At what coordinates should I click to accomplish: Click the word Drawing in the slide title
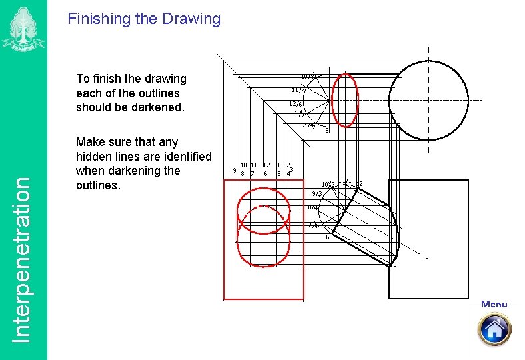tap(192, 19)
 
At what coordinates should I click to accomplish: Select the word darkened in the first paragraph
tap(151, 107)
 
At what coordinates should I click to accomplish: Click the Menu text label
tap(494, 304)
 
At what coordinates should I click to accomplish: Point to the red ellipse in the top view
tap(345, 100)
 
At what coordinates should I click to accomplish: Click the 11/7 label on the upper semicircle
tap(298, 90)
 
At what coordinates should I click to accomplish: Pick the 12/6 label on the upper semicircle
tap(295, 104)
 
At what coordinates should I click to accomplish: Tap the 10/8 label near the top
tap(307, 76)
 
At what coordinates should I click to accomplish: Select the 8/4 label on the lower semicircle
tap(313, 208)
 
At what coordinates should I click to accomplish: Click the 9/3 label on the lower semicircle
tap(317, 194)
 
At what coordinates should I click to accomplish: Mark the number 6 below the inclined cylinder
tap(327, 237)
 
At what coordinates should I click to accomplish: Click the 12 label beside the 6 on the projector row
tap(266, 165)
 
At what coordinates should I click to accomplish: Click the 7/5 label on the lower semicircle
tap(313, 225)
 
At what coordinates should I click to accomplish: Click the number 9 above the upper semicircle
tap(326, 71)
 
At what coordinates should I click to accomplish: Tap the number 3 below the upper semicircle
tap(326, 131)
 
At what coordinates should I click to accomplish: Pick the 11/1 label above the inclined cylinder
tap(344, 181)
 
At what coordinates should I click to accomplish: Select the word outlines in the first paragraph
tap(158, 93)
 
